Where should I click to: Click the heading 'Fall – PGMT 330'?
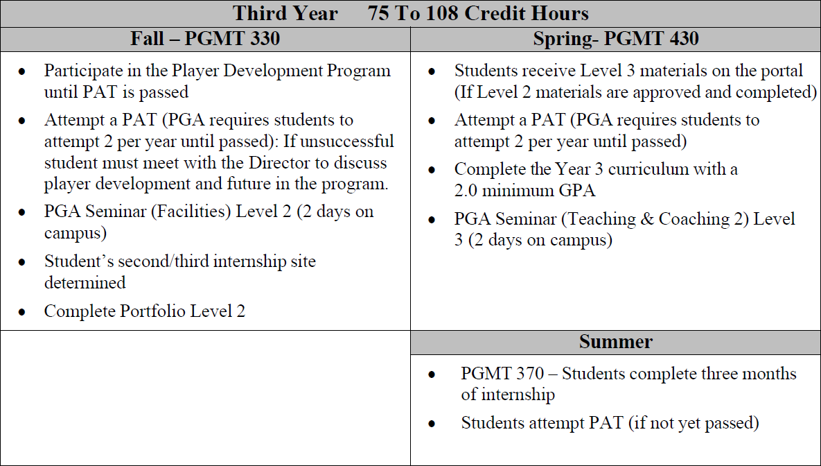(x=205, y=39)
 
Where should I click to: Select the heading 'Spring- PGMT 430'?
(x=615, y=39)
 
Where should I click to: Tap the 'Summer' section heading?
(x=615, y=342)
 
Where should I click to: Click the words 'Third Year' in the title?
(x=285, y=13)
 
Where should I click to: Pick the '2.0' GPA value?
(x=468, y=191)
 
